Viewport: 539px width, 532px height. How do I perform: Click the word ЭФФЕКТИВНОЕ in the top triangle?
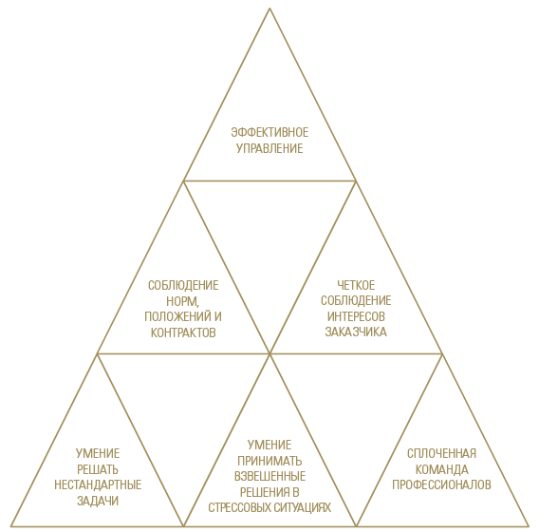click(x=269, y=132)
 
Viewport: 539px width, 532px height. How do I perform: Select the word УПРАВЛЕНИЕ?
click(x=269, y=148)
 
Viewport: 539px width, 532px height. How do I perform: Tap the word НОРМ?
click(x=182, y=301)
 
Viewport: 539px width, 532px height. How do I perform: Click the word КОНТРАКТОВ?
click(x=183, y=332)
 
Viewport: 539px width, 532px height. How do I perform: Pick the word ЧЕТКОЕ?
click(x=356, y=285)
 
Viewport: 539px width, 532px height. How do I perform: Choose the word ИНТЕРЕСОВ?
click(x=356, y=316)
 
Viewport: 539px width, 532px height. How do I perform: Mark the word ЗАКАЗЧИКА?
click(x=356, y=332)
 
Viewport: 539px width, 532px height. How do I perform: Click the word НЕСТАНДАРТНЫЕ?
click(x=98, y=484)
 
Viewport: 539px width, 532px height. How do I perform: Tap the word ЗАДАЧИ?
click(x=98, y=501)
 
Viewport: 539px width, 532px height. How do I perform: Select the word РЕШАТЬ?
click(x=98, y=469)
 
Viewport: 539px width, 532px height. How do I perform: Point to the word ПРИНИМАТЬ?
click(x=269, y=461)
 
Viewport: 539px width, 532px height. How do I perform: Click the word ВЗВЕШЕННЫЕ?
click(x=269, y=476)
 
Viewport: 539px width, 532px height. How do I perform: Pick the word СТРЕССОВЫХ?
click(x=237, y=507)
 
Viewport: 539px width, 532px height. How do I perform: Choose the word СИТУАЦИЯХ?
click(x=300, y=507)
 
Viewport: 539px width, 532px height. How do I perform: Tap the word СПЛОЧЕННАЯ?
click(x=441, y=453)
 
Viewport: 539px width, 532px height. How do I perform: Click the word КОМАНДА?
click(x=441, y=469)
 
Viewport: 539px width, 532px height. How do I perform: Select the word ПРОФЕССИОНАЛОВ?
click(x=441, y=484)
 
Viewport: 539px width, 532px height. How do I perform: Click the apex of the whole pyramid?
click(x=269, y=9)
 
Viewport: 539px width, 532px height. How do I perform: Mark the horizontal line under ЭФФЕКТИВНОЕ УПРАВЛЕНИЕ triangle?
click(x=269, y=180)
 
